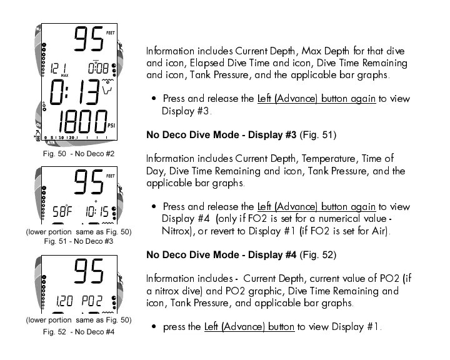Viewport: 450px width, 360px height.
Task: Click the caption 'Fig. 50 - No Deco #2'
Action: click(x=78, y=153)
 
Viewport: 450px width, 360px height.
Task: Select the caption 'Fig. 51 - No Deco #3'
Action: click(x=78, y=241)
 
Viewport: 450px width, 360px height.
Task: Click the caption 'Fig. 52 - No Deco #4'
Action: click(x=79, y=331)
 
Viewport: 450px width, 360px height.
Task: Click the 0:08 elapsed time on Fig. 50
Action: click(x=100, y=67)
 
